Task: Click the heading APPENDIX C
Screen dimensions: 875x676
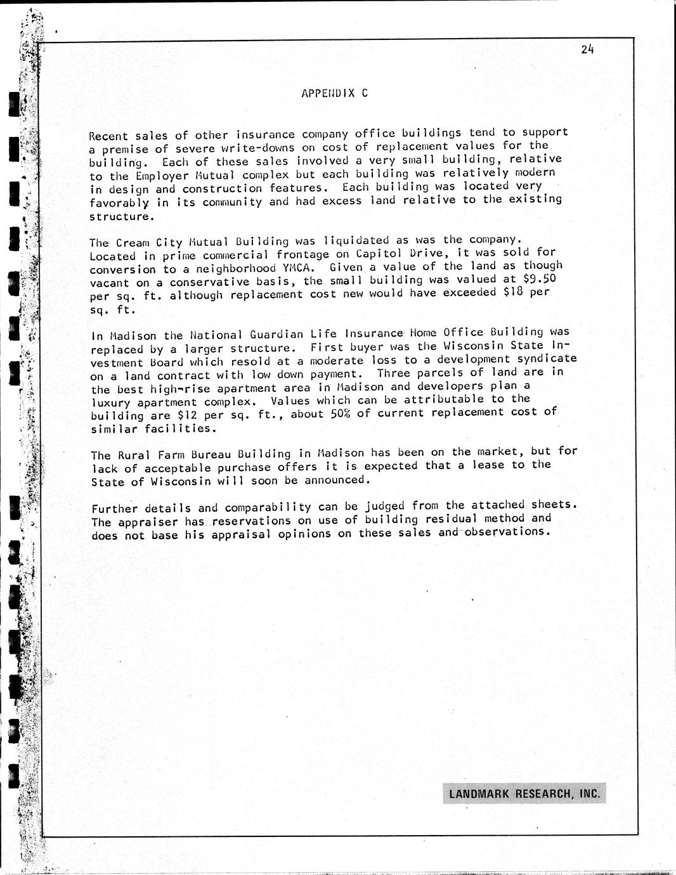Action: point(334,93)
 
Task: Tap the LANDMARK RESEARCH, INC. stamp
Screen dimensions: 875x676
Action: point(524,794)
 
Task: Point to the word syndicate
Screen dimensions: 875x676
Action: point(544,359)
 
